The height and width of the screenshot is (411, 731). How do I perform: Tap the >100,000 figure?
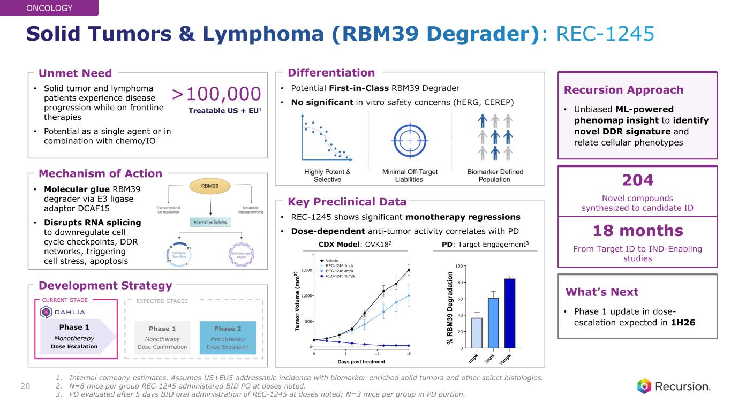[216, 95]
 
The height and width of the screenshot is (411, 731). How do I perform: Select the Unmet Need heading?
[76, 73]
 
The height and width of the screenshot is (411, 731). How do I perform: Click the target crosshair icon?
[410, 141]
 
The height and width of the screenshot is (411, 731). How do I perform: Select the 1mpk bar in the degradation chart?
[476, 332]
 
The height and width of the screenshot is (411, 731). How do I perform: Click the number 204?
[637, 179]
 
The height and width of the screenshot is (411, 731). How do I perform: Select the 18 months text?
[637, 231]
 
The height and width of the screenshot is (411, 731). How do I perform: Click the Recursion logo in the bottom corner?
[674, 386]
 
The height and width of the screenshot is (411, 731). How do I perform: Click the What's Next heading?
[602, 292]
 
